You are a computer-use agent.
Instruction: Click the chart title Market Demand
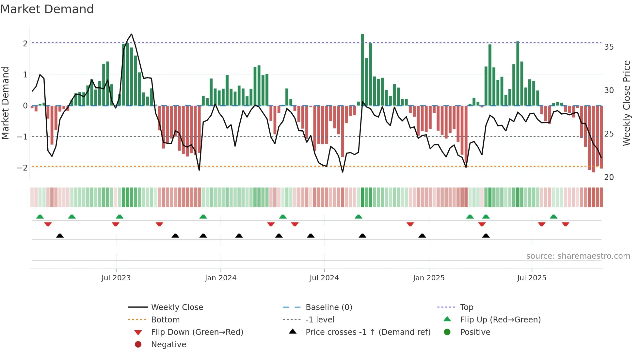pyautogui.click(x=47, y=9)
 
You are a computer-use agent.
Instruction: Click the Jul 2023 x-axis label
pyautogui.click(x=116, y=278)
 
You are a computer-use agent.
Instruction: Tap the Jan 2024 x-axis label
pyautogui.click(x=220, y=278)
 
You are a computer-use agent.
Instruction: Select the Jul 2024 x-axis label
pyautogui.click(x=324, y=278)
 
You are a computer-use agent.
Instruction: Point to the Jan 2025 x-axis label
pyautogui.click(x=428, y=278)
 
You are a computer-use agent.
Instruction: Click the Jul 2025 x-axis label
pyautogui.click(x=532, y=278)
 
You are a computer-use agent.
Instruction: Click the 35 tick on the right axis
pyautogui.click(x=609, y=47)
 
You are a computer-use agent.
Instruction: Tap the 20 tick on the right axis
pyautogui.click(x=609, y=177)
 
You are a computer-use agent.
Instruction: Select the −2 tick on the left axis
pyautogui.click(x=22, y=168)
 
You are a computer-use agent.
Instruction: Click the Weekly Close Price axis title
pyautogui.click(x=626, y=103)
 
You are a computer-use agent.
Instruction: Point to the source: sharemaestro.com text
pyautogui.click(x=578, y=256)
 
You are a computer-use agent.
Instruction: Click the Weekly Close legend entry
pyautogui.click(x=177, y=307)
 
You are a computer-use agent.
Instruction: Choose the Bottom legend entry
pyautogui.click(x=165, y=320)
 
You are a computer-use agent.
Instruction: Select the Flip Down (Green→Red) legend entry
pyautogui.click(x=197, y=332)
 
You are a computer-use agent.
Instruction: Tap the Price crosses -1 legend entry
pyautogui.click(x=368, y=332)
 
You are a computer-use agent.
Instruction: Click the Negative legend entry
pyautogui.click(x=168, y=345)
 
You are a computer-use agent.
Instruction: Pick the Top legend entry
pyautogui.click(x=466, y=307)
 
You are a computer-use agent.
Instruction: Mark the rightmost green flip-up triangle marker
pyautogui.click(x=553, y=217)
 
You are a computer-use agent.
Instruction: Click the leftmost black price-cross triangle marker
pyautogui.click(x=60, y=236)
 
